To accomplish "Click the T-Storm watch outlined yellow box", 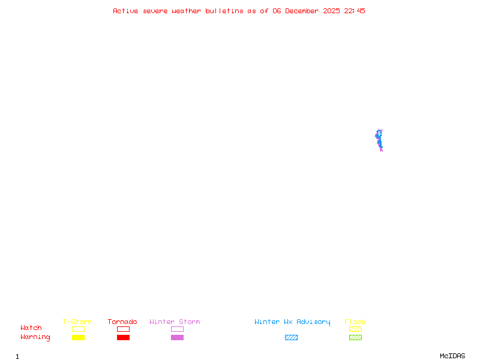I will pyautogui.click(x=78, y=329).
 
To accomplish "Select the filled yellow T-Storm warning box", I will pyautogui.click(x=78, y=337).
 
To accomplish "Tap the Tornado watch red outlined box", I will pyautogui.click(x=123, y=329).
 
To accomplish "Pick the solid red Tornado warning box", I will pyautogui.click(x=123, y=337).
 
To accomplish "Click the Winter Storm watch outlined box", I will pyautogui.click(x=177, y=329).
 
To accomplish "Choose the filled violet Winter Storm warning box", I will pyautogui.click(x=177, y=337).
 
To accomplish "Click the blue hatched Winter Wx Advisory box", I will pyautogui.click(x=291, y=337).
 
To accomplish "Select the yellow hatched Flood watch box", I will pyautogui.click(x=355, y=329).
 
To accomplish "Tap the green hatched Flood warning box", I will pyautogui.click(x=355, y=337).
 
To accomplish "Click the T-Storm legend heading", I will pyautogui.click(x=77, y=322).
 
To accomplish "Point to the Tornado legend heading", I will pyautogui.click(x=122, y=322).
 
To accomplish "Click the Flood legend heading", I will pyautogui.click(x=355, y=322).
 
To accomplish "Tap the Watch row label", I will pyautogui.click(x=31, y=328).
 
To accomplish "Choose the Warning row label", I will pyautogui.click(x=35, y=337).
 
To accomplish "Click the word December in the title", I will pyautogui.click(x=304, y=11).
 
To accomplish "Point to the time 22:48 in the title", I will pyautogui.click(x=355, y=11).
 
